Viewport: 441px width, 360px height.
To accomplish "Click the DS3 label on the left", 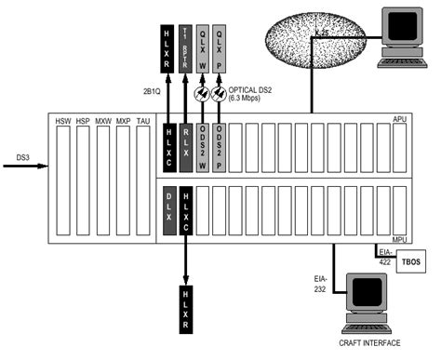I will [16, 158].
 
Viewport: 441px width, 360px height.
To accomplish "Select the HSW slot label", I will [63, 122].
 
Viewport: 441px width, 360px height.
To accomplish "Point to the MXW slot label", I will [103, 122].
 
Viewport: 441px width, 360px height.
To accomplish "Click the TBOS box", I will [409, 263].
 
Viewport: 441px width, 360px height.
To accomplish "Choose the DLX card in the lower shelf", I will [169, 208].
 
